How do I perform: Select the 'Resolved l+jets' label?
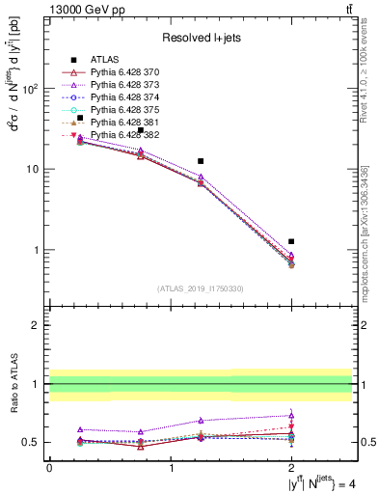200,38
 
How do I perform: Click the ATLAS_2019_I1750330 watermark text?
200,288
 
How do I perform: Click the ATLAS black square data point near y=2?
291,241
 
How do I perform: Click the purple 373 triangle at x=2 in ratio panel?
291,415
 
